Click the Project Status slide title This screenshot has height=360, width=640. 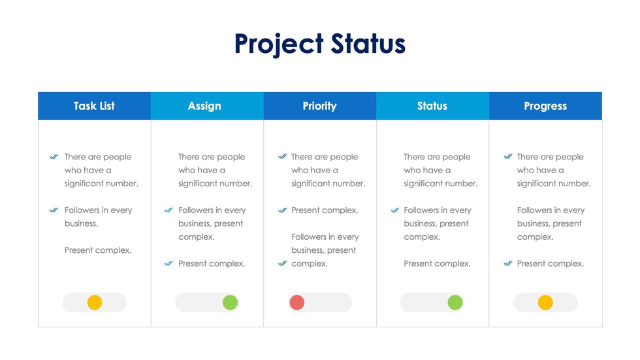pyautogui.click(x=319, y=44)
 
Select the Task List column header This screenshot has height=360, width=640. pyautogui.click(x=94, y=106)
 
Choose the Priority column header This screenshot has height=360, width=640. pyautogui.click(x=320, y=106)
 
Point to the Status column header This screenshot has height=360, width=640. pyautogui.click(x=432, y=106)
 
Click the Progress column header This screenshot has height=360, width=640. pyautogui.click(x=545, y=106)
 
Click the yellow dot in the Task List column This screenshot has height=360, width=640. pyautogui.click(x=94, y=303)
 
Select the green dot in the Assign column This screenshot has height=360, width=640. pyautogui.click(x=230, y=303)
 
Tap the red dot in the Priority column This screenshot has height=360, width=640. pyautogui.click(x=296, y=303)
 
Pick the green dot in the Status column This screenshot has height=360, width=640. pyautogui.click(x=455, y=303)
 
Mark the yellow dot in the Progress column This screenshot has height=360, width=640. pyautogui.click(x=545, y=303)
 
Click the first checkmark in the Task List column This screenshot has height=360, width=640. pyautogui.click(x=54, y=157)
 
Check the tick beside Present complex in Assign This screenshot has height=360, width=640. pyautogui.click(x=168, y=263)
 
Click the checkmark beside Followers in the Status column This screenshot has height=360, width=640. pyautogui.click(x=394, y=210)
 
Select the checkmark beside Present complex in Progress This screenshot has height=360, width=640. pyautogui.click(x=508, y=263)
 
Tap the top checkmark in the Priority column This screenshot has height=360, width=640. pyautogui.click(x=282, y=157)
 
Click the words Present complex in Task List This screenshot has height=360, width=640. pyautogui.click(x=98, y=250)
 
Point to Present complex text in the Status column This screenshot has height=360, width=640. pyautogui.click(x=437, y=264)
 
